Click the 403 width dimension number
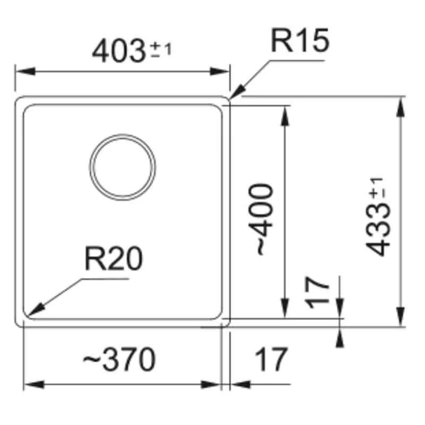click(118, 51)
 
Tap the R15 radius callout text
click(300, 41)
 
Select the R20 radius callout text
click(114, 259)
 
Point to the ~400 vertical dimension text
click(261, 220)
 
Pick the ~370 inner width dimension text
click(119, 360)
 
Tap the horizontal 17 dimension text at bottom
click(270, 360)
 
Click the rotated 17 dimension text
click(317, 293)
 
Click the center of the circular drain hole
click(123, 167)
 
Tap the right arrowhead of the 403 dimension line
click(219, 72)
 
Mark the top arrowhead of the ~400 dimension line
click(285, 115)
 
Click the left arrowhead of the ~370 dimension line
click(34, 384)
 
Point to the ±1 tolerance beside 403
click(161, 49)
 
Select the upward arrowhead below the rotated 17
click(339, 337)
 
